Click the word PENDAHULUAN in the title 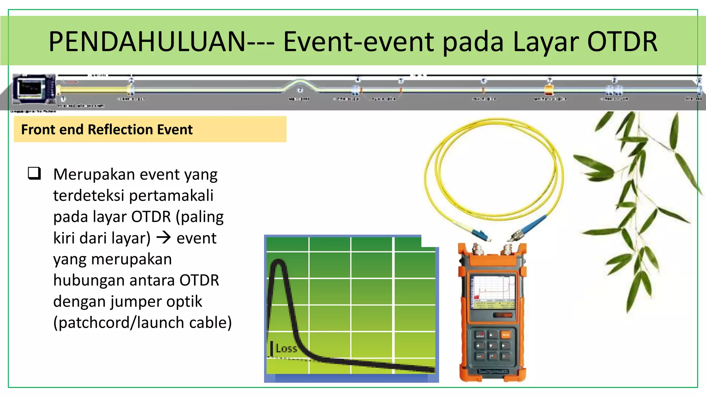147,42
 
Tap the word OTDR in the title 622,42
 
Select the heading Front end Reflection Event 107,130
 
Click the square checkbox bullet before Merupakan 34,173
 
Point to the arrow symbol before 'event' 164,238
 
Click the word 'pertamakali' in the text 171,196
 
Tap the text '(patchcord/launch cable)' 142,323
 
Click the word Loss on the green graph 286,348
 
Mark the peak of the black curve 278,262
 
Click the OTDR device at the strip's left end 33,89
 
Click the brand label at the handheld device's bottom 493,372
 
